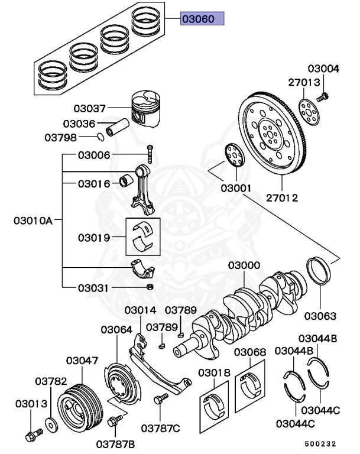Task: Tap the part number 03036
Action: click(79, 124)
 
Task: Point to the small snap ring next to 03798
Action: click(101, 138)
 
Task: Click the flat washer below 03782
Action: click(50, 424)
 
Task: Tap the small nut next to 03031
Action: click(150, 287)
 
